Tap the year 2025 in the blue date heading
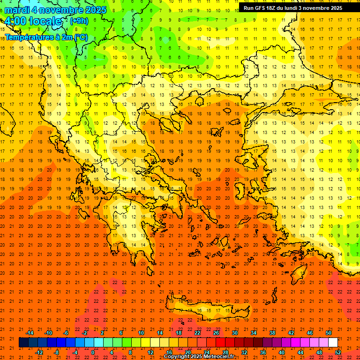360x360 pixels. tap(93, 9)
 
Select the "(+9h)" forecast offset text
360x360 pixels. tap(78, 21)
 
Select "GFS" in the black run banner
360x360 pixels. tap(262, 8)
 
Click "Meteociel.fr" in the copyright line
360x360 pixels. tap(218, 357)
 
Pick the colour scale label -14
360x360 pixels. tap(30, 333)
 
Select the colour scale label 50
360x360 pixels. tap(328, 333)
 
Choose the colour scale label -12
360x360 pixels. tap(39, 352)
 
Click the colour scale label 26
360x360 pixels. tap(216, 333)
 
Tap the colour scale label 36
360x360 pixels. tap(263, 352)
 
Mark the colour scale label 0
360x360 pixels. tap(93, 352)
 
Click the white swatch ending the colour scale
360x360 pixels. tap(333, 342)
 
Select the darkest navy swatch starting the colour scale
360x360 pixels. tap(23, 342)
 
